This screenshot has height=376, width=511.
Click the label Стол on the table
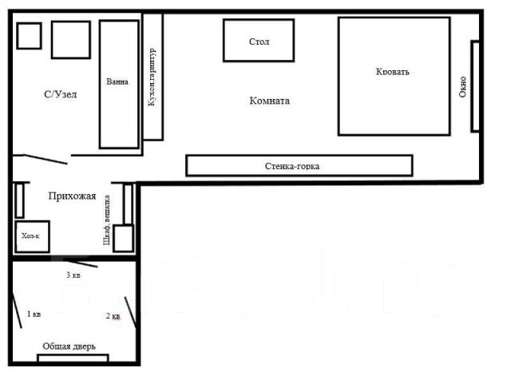pos(259,42)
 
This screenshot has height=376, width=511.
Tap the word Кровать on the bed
pos(392,72)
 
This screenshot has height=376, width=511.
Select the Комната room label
pos(270,101)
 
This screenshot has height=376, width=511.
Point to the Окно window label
pos(462,87)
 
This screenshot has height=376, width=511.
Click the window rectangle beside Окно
pos(475,86)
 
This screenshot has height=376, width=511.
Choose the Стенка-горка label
pos(292,166)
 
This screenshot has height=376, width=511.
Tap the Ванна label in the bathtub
pos(117,81)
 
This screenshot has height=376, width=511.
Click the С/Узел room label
pos(61,94)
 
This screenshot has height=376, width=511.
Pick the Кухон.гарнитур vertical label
pos(152,77)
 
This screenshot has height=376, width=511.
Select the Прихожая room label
pos(72,196)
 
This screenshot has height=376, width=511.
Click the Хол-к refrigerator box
pos(32,236)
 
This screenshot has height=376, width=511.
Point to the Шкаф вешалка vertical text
pos(106,220)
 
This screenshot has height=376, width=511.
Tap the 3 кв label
pos(73,275)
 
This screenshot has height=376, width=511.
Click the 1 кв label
pos(34,314)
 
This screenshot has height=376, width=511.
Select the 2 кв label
pos(113,315)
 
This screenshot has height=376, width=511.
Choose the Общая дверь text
pos(69,346)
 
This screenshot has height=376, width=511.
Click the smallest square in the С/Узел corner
pos(29,36)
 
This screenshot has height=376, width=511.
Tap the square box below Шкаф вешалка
pos(123,238)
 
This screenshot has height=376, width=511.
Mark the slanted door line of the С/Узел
pos(46,160)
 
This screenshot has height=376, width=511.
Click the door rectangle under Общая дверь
pos(73,358)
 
